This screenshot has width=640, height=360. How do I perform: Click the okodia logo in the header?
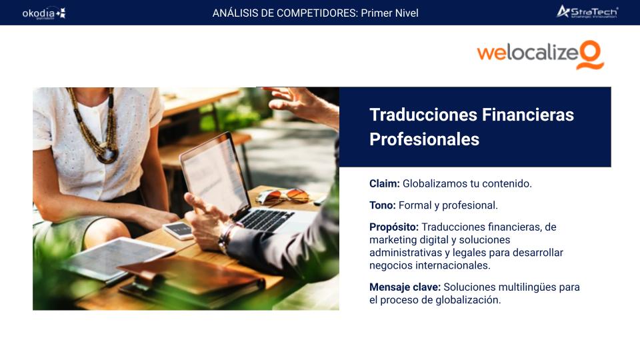[44, 13]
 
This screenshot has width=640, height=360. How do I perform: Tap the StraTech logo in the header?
[587, 12]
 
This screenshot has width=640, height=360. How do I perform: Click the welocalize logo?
[541, 55]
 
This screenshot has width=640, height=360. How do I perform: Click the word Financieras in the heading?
[528, 115]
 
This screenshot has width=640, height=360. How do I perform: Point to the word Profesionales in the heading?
[424, 139]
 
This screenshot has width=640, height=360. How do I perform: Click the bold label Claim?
[385, 184]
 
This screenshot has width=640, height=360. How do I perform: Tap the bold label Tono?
[383, 205]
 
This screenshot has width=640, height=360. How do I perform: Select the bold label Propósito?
[394, 227]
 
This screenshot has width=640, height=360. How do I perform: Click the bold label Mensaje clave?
[405, 287]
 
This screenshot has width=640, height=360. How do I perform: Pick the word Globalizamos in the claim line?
[434, 184]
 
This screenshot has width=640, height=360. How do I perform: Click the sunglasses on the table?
[283, 196]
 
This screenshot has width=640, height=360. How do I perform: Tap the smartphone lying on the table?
[179, 230]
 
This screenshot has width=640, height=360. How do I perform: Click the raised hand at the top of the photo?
[302, 104]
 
